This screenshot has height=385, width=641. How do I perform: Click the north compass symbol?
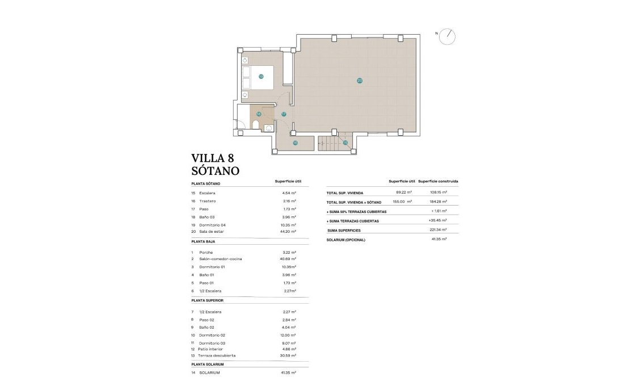click(x=448, y=35)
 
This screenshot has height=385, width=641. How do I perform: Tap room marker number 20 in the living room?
click(x=360, y=81)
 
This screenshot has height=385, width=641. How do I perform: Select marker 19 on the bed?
click(x=261, y=76)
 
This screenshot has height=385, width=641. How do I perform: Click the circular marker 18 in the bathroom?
click(x=259, y=114)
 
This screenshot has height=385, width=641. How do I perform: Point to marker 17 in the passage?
click(x=284, y=114)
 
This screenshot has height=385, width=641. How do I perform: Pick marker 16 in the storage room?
click(x=295, y=143)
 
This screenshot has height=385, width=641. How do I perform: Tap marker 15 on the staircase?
click(x=345, y=143)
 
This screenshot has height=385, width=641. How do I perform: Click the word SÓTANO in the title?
click(x=216, y=170)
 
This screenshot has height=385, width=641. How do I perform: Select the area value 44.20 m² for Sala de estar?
click(x=289, y=232)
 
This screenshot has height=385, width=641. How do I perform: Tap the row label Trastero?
click(x=208, y=201)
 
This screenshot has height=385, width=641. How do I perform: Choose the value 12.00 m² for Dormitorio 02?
click(x=289, y=336)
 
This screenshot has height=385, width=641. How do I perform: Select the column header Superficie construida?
click(x=438, y=181)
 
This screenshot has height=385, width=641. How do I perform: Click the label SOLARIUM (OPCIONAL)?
click(x=346, y=240)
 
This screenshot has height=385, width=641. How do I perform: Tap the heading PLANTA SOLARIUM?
click(x=208, y=364)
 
